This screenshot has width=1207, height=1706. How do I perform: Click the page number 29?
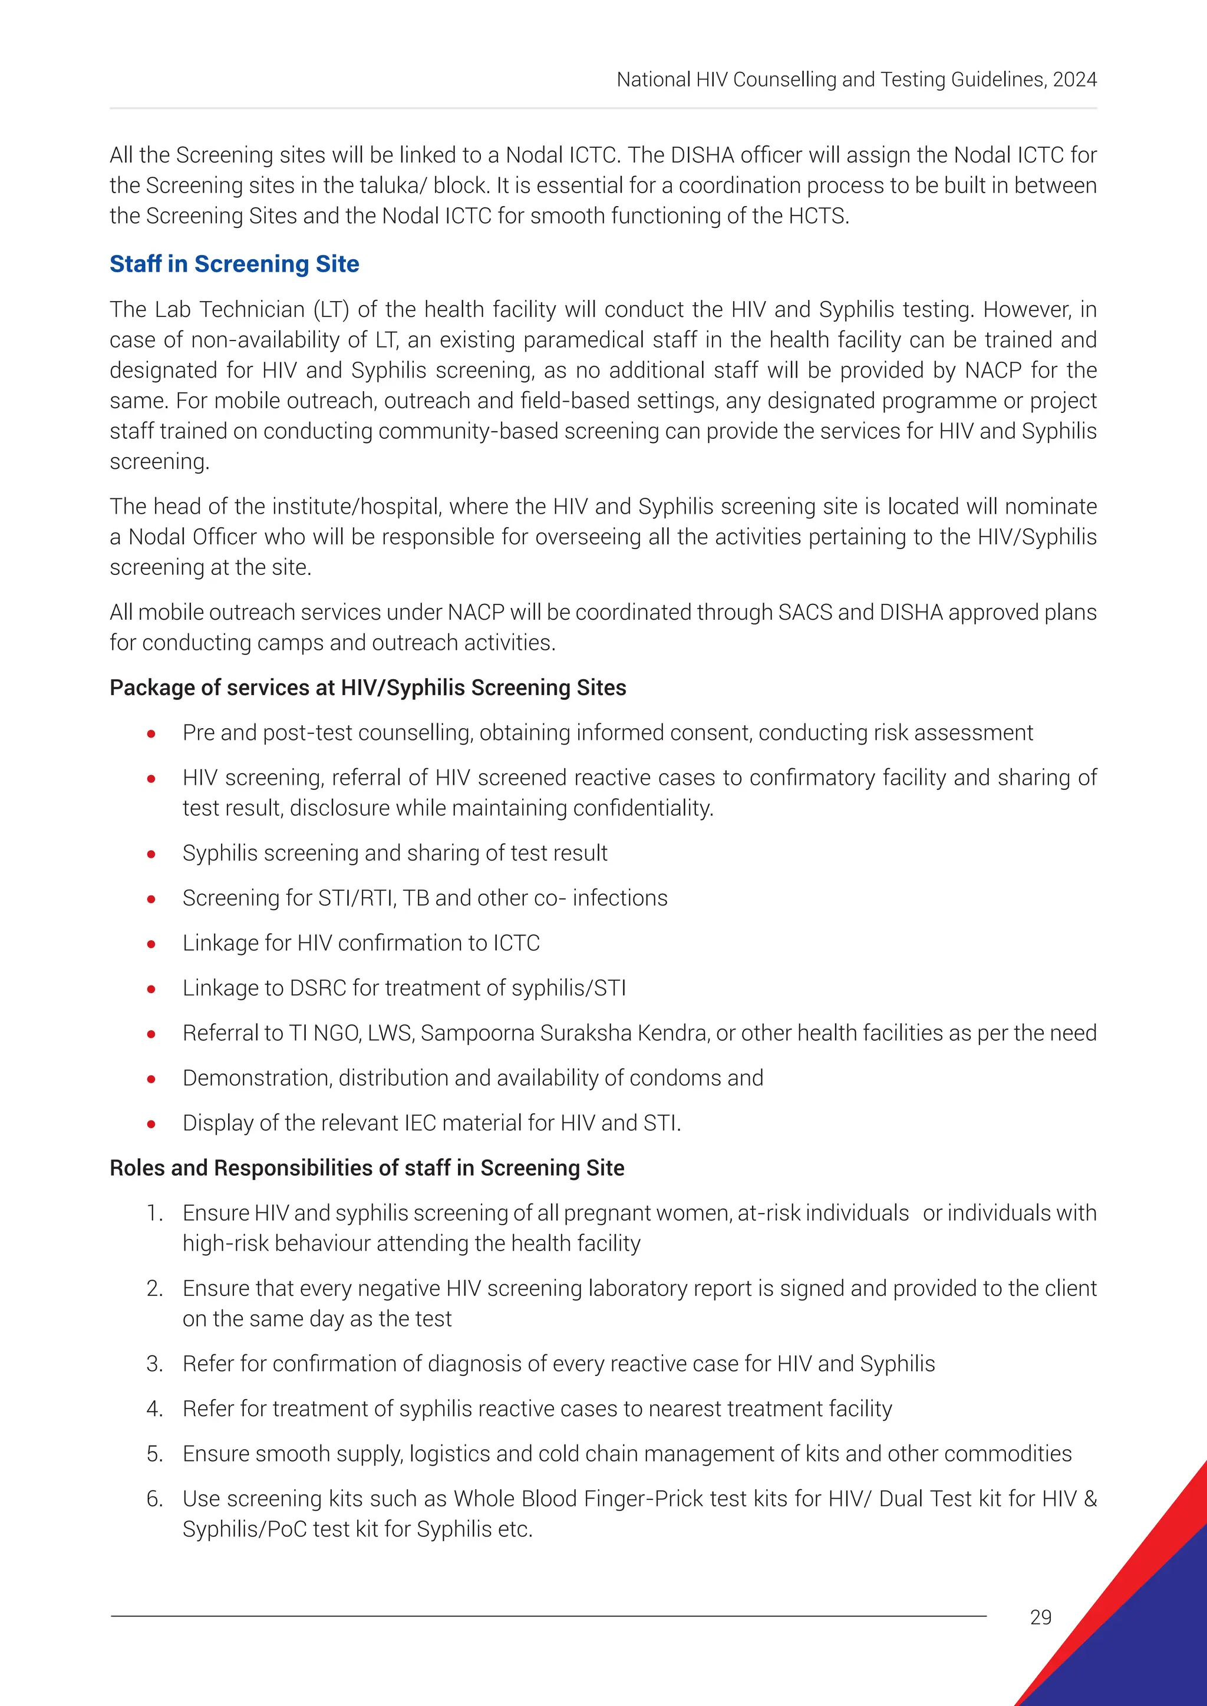1041,1617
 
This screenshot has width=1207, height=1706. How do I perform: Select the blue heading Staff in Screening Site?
234,264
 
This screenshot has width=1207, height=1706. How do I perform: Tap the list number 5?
154,1453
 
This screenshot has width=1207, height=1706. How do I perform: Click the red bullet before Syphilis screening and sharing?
151,854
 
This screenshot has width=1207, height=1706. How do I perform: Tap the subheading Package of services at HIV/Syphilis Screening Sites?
367,687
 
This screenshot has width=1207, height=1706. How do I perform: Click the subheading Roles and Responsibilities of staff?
367,1168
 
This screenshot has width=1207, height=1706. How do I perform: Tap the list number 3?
154,1364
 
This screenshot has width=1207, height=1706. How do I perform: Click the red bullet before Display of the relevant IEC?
151,1123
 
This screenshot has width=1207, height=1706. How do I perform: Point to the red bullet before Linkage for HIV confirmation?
151,944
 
